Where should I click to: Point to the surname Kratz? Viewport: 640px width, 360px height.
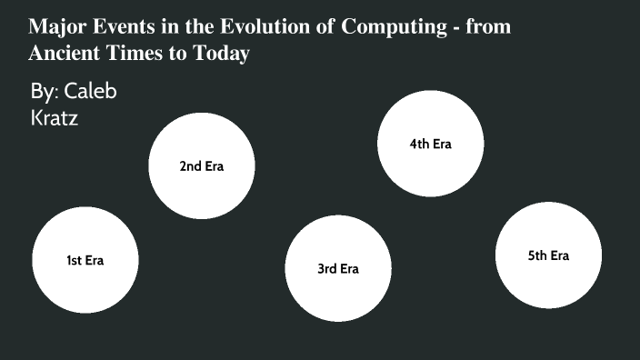(54, 117)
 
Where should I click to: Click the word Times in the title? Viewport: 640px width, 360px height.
(137, 54)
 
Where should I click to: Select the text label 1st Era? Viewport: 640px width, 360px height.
(85, 261)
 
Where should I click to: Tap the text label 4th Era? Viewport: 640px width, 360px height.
(430, 144)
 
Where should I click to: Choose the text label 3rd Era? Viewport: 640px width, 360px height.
(338, 268)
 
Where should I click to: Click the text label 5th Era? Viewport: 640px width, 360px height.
(548, 255)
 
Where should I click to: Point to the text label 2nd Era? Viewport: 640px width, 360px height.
(201, 166)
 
